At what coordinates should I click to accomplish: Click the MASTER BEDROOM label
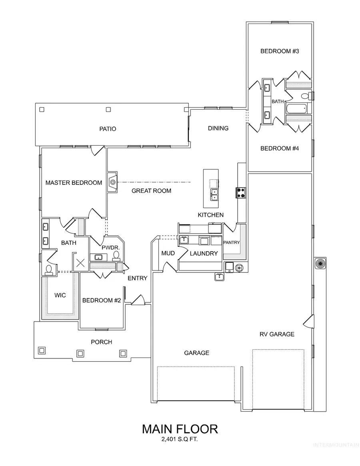tap(74, 183)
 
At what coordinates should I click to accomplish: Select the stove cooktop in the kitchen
tap(241, 193)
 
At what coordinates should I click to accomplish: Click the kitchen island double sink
tap(214, 195)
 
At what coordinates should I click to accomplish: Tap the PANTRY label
tap(231, 242)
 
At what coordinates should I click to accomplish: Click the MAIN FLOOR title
tap(180, 429)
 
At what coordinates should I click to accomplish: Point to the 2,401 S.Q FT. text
tap(180, 440)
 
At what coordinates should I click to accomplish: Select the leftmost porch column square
tap(41, 351)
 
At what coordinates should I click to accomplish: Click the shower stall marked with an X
tap(81, 263)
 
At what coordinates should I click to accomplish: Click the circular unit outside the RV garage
tap(320, 263)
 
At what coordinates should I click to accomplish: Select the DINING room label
tap(218, 128)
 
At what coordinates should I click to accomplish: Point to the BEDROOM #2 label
tap(101, 300)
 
